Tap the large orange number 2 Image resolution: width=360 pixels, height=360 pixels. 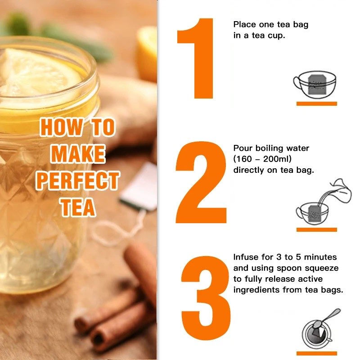coord(201,182)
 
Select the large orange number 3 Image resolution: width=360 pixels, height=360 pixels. coord(206,298)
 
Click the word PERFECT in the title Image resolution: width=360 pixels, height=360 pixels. coord(77,181)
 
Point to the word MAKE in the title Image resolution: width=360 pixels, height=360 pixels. coord(78,154)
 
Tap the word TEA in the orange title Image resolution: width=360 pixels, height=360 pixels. coord(78,207)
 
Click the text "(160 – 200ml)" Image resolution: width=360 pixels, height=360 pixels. coord(262,159)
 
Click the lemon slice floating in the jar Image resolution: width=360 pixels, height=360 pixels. coord(39,73)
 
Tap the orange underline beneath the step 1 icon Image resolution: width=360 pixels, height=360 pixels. coord(317,104)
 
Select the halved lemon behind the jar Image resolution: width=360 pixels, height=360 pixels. coord(147,53)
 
